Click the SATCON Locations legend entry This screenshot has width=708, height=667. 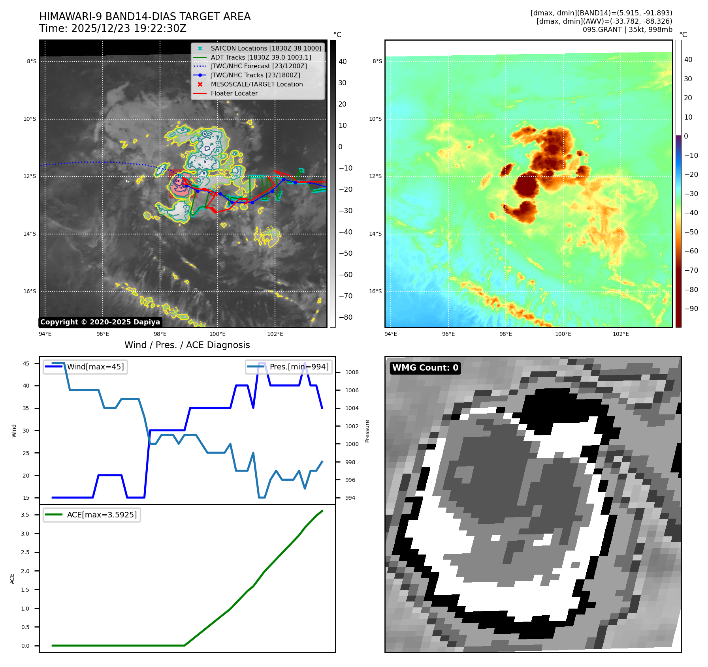click(265, 48)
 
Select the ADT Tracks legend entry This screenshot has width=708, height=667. click(260, 57)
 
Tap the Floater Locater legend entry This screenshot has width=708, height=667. click(234, 93)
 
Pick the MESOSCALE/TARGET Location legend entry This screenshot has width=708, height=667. click(256, 84)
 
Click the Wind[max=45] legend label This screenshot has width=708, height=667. click(95, 367)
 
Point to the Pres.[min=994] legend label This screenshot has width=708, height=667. click(299, 367)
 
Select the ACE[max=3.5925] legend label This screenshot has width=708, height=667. click(102, 515)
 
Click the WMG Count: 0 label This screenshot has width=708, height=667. click(425, 368)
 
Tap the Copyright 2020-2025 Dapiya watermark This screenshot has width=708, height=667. click(100, 322)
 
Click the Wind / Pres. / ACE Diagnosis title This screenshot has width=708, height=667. click(187, 345)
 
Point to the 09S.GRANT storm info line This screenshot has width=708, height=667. click(627, 30)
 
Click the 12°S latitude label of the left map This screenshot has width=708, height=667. click(30, 176)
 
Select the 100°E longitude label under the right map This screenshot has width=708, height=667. click(563, 334)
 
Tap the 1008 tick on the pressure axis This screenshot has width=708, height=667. click(352, 372)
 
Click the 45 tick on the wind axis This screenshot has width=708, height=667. click(26, 363)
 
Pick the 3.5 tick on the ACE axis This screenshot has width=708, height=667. click(25, 515)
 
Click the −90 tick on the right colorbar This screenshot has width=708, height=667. click(691, 309)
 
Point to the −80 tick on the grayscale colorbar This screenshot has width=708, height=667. click(345, 317)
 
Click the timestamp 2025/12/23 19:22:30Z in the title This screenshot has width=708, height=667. click(128, 28)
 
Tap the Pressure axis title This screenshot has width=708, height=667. click(367, 431)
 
